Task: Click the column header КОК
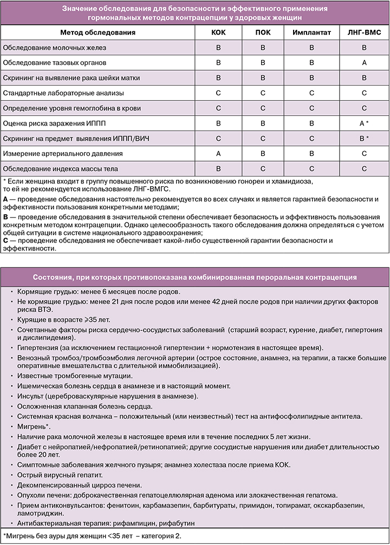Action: click(x=218, y=32)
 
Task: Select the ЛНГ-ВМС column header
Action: click(x=365, y=32)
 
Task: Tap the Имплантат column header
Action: click(x=311, y=32)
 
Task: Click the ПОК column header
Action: click(x=263, y=32)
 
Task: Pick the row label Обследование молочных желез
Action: click(x=55, y=48)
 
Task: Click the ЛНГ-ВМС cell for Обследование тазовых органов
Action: click(x=365, y=63)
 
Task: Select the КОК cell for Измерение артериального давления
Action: click(x=218, y=154)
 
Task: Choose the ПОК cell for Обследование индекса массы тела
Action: click(x=263, y=169)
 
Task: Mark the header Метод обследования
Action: click(x=97, y=32)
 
